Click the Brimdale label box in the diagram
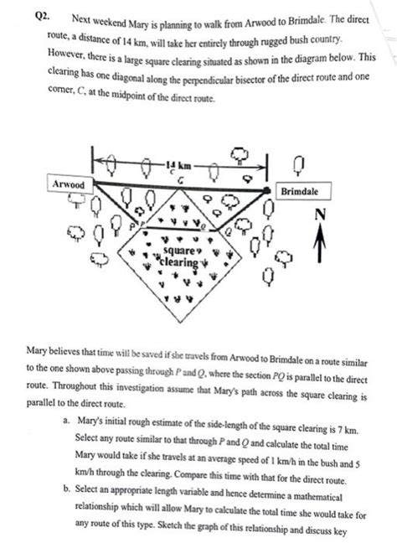tap(300, 192)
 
